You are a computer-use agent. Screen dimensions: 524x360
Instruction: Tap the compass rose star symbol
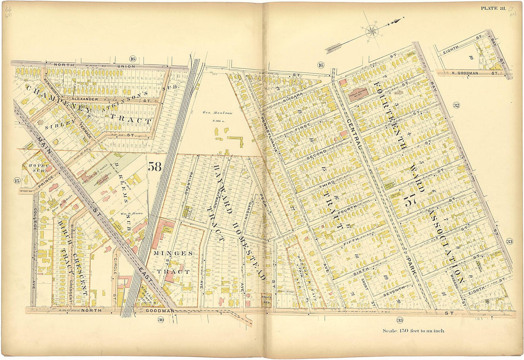(x=372, y=31)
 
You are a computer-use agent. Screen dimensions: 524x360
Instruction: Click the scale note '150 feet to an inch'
(x=413, y=330)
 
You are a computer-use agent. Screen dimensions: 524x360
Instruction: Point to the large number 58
(x=154, y=167)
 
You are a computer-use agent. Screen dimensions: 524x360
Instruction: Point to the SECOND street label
(x=316, y=154)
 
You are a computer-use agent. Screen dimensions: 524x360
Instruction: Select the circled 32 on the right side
(x=456, y=105)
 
